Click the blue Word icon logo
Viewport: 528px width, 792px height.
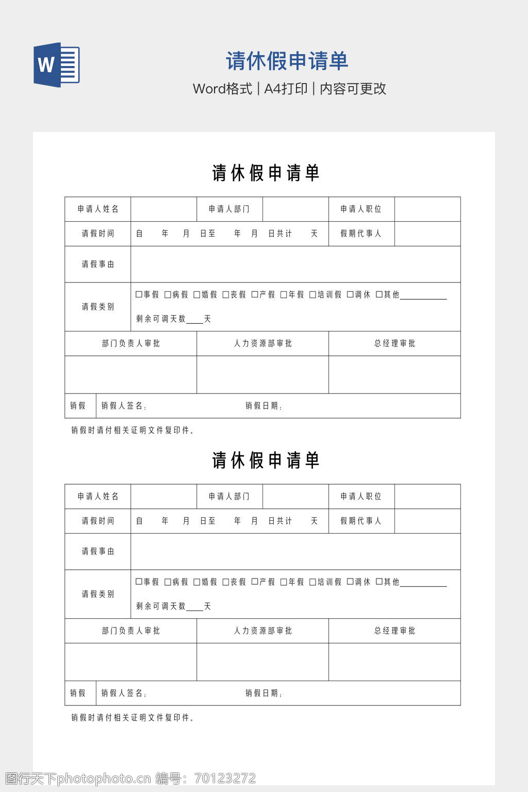[57, 64]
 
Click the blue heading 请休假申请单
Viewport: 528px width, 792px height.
[287, 61]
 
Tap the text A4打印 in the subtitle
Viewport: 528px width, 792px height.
[286, 89]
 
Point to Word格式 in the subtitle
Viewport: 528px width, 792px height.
[222, 89]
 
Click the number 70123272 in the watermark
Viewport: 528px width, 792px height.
[225, 778]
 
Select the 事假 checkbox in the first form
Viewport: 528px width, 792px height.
[139, 294]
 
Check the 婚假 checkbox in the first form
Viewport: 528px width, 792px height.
[196, 294]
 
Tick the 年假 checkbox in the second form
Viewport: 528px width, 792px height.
[284, 582]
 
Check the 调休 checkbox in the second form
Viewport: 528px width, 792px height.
[350, 582]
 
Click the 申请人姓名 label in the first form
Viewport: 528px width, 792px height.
[98, 209]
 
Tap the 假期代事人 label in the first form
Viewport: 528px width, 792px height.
[361, 234]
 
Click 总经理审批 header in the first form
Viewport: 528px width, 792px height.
[394, 343]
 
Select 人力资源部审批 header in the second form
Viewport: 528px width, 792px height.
[263, 631]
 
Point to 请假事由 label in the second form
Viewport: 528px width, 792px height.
[98, 551]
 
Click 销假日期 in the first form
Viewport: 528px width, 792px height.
[263, 406]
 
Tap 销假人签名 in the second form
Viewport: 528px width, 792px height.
[124, 693]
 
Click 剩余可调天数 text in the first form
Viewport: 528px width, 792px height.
[161, 319]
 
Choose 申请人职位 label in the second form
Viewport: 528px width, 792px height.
[361, 496]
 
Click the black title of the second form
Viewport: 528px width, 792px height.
[266, 460]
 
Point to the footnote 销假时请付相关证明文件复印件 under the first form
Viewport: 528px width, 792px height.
[133, 430]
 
